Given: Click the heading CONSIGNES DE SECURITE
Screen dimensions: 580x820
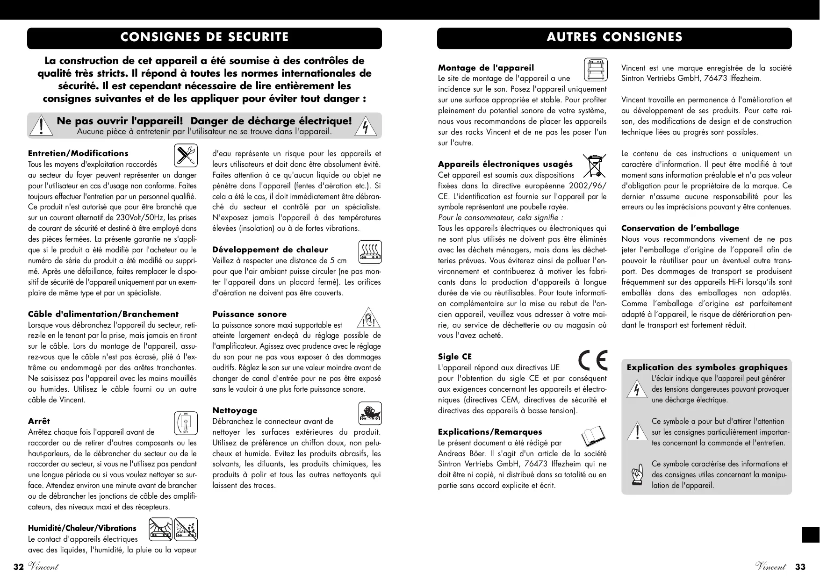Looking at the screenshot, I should (204, 37).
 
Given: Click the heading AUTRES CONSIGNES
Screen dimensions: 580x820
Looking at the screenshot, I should (614, 37).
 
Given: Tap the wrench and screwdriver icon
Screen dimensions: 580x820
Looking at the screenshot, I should (186, 156).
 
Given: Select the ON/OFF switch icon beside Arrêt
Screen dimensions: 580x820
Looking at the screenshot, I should (186, 423).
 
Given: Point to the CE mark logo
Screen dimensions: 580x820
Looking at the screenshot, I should (593, 360).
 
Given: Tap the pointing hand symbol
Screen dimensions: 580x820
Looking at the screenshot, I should (637, 475).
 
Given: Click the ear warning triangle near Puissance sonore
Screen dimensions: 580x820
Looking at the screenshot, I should (369, 318).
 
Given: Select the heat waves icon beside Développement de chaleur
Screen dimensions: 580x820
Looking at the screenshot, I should (370, 251).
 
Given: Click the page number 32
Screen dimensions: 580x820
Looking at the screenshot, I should (18, 567).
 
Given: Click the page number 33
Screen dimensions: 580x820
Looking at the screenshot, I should (800, 567).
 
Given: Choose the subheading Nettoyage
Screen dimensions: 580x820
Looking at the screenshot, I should (235, 410).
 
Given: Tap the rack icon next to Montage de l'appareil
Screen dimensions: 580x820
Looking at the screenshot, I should (596, 69).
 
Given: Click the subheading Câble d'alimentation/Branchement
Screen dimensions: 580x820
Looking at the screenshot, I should (103, 314).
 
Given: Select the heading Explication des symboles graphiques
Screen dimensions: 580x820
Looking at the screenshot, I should (707, 367).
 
